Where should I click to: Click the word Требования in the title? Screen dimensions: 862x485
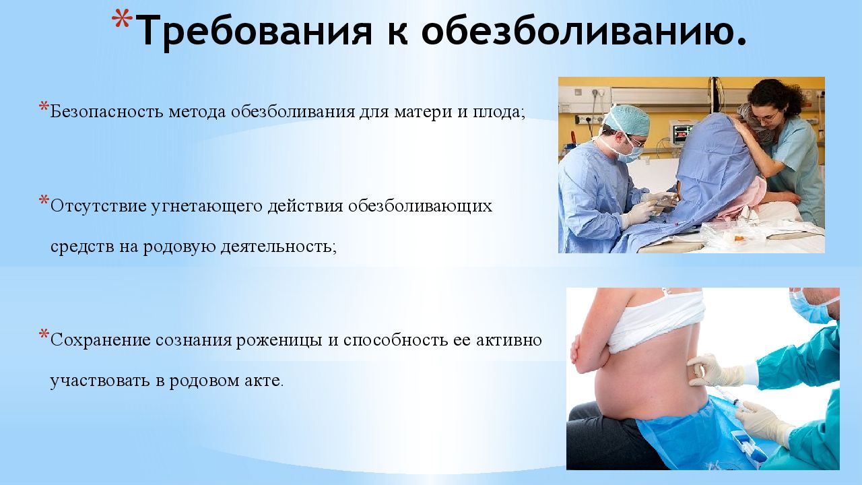coord(254,32)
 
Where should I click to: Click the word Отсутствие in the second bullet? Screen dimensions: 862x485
coord(98,206)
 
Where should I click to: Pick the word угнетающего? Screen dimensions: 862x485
coord(207,207)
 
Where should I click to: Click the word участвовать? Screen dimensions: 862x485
coord(100,381)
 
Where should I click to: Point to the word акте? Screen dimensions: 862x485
coord(264,381)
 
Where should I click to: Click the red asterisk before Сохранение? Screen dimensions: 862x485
coord(44,334)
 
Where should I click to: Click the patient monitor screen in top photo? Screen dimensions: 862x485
coord(682,132)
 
